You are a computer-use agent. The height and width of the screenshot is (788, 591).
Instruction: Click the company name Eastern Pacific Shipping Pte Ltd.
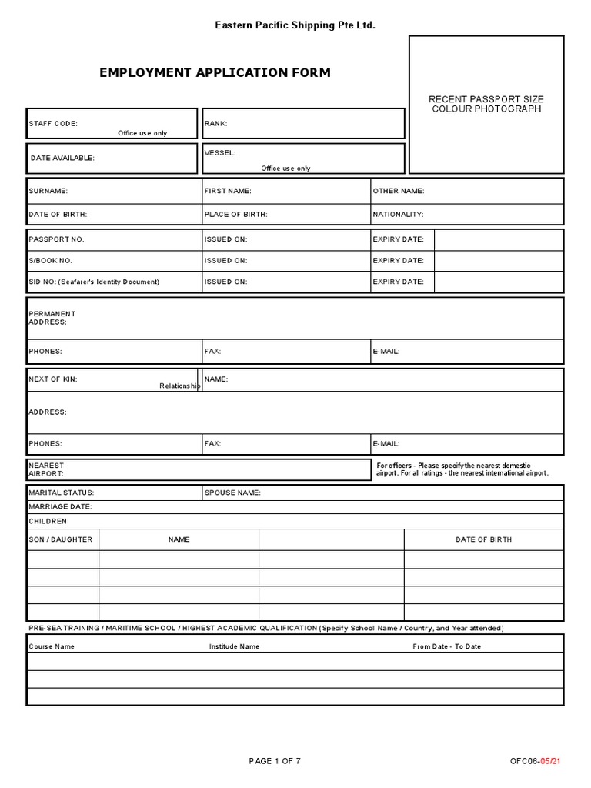(x=295, y=26)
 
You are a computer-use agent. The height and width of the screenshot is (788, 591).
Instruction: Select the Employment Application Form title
(x=215, y=73)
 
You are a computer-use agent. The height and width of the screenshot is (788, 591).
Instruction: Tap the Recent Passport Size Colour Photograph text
(x=486, y=104)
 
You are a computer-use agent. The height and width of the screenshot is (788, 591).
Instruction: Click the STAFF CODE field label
(x=53, y=123)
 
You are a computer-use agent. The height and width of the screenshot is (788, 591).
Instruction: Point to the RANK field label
(x=215, y=123)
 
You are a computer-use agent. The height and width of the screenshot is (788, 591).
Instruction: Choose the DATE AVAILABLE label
(x=62, y=158)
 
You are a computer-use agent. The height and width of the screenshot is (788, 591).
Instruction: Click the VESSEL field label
(x=220, y=153)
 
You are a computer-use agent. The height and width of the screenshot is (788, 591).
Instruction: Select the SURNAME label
(x=48, y=191)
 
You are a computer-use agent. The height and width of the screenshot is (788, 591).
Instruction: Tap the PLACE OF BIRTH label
(x=235, y=215)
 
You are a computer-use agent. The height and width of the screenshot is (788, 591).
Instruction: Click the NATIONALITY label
(x=398, y=215)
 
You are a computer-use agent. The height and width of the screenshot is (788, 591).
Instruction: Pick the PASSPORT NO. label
(x=56, y=239)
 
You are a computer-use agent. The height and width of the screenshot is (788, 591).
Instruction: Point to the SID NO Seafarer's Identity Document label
(x=94, y=282)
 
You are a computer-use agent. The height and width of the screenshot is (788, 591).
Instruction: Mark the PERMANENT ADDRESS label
(x=52, y=318)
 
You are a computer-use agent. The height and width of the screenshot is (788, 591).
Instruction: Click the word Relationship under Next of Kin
(x=179, y=386)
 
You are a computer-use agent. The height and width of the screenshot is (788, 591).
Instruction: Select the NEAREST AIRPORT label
(x=46, y=470)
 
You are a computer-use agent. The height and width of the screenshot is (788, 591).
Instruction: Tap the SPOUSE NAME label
(x=232, y=492)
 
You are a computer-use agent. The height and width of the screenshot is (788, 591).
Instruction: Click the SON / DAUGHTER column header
(x=60, y=539)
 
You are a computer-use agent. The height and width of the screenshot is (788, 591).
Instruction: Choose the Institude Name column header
(x=234, y=646)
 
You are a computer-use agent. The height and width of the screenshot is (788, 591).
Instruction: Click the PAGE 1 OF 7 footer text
(x=275, y=761)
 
